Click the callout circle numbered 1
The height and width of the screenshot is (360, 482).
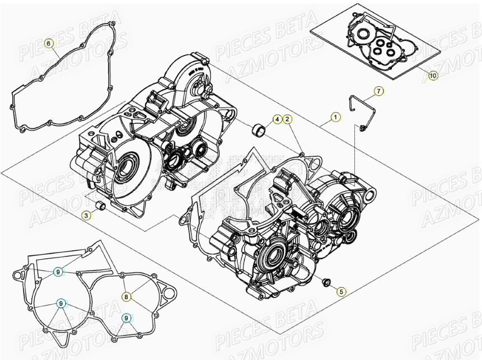click(x=335, y=118)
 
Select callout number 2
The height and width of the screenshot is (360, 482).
click(x=287, y=119)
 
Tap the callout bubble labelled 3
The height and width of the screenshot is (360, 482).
click(x=87, y=215)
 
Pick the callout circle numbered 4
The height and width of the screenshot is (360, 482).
click(x=277, y=119)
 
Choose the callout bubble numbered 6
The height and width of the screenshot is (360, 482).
click(x=49, y=44)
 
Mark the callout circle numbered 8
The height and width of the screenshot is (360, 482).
click(x=127, y=296)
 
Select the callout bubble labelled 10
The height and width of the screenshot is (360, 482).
click(x=433, y=75)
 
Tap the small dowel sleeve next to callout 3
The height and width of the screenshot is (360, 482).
click(x=101, y=207)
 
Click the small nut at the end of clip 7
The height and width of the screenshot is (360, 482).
click(x=364, y=129)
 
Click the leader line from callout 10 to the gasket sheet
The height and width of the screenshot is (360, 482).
click(x=423, y=70)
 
